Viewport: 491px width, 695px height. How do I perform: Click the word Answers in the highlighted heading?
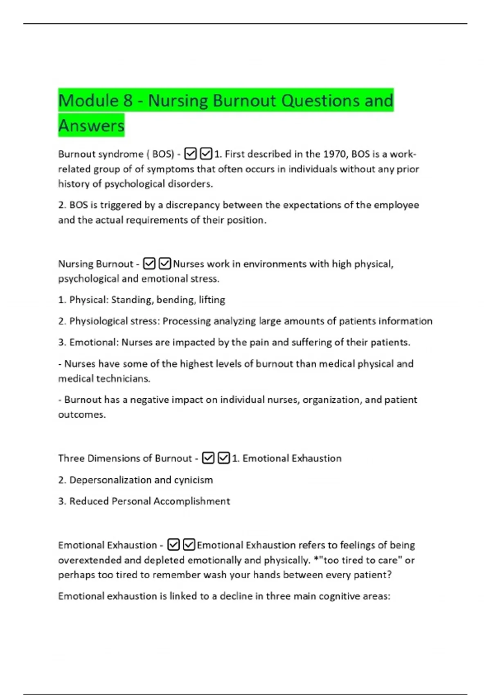91,126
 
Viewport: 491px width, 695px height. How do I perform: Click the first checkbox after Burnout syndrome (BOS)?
190,154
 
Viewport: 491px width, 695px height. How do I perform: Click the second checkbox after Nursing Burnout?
164,264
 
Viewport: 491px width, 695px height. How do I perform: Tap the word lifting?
212,300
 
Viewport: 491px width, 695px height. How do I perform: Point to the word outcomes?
81,415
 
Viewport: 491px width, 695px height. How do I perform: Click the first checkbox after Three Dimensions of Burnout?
208,458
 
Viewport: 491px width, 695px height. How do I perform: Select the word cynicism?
194,480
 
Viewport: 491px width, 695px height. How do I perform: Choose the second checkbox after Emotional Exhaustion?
189,545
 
